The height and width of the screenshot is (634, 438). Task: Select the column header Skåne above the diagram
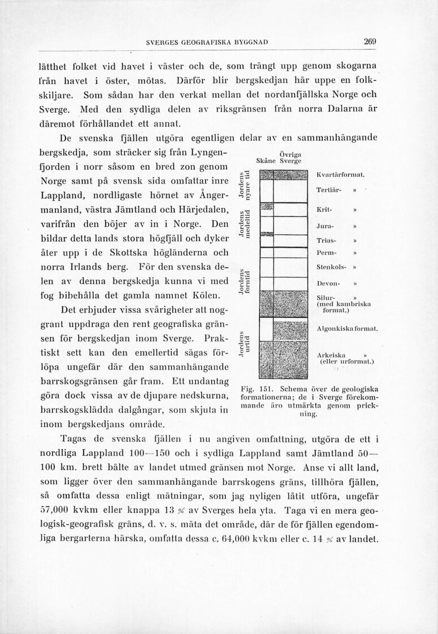point(266,161)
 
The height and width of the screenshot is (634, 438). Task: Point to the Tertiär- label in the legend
point(331,189)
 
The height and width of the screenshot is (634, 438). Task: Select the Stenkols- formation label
point(331,266)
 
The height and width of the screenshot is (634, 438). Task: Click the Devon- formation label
point(328,283)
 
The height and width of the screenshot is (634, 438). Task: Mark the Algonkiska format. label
point(347,329)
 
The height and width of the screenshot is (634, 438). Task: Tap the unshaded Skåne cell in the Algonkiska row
point(265,332)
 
